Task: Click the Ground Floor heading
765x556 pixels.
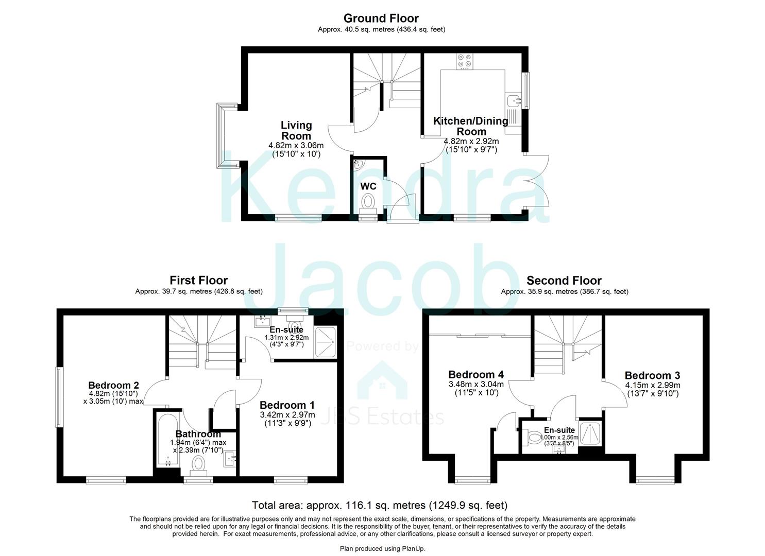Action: coord(381,19)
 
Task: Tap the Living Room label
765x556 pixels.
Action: coord(296,130)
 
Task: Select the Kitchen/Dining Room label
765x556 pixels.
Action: coord(471,126)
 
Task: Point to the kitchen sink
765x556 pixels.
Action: coord(513,100)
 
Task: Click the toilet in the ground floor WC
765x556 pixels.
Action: coord(368,200)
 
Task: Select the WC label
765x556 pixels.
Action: coord(368,186)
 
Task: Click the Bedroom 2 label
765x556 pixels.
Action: coord(113,385)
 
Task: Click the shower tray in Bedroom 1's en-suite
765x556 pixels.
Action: coord(325,338)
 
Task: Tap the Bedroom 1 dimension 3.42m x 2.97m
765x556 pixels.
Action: coord(287,415)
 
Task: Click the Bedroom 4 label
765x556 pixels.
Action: coord(476,374)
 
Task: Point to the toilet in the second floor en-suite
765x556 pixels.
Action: coord(533,438)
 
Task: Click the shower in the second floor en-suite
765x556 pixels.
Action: coord(590,432)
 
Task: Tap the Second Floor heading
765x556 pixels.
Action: coord(564,281)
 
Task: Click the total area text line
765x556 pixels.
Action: coord(380,505)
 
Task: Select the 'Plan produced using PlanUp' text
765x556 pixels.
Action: coord(382,549)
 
